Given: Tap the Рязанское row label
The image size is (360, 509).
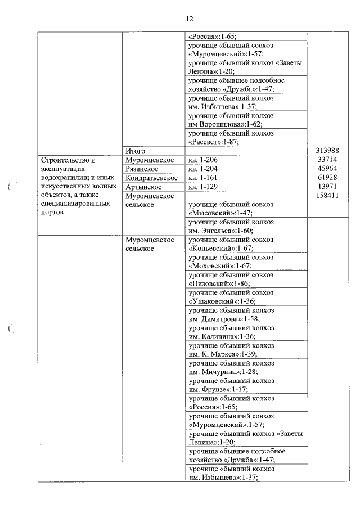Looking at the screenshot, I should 141,169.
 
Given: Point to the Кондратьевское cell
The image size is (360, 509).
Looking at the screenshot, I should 151,178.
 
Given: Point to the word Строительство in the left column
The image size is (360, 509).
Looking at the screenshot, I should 65,160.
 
